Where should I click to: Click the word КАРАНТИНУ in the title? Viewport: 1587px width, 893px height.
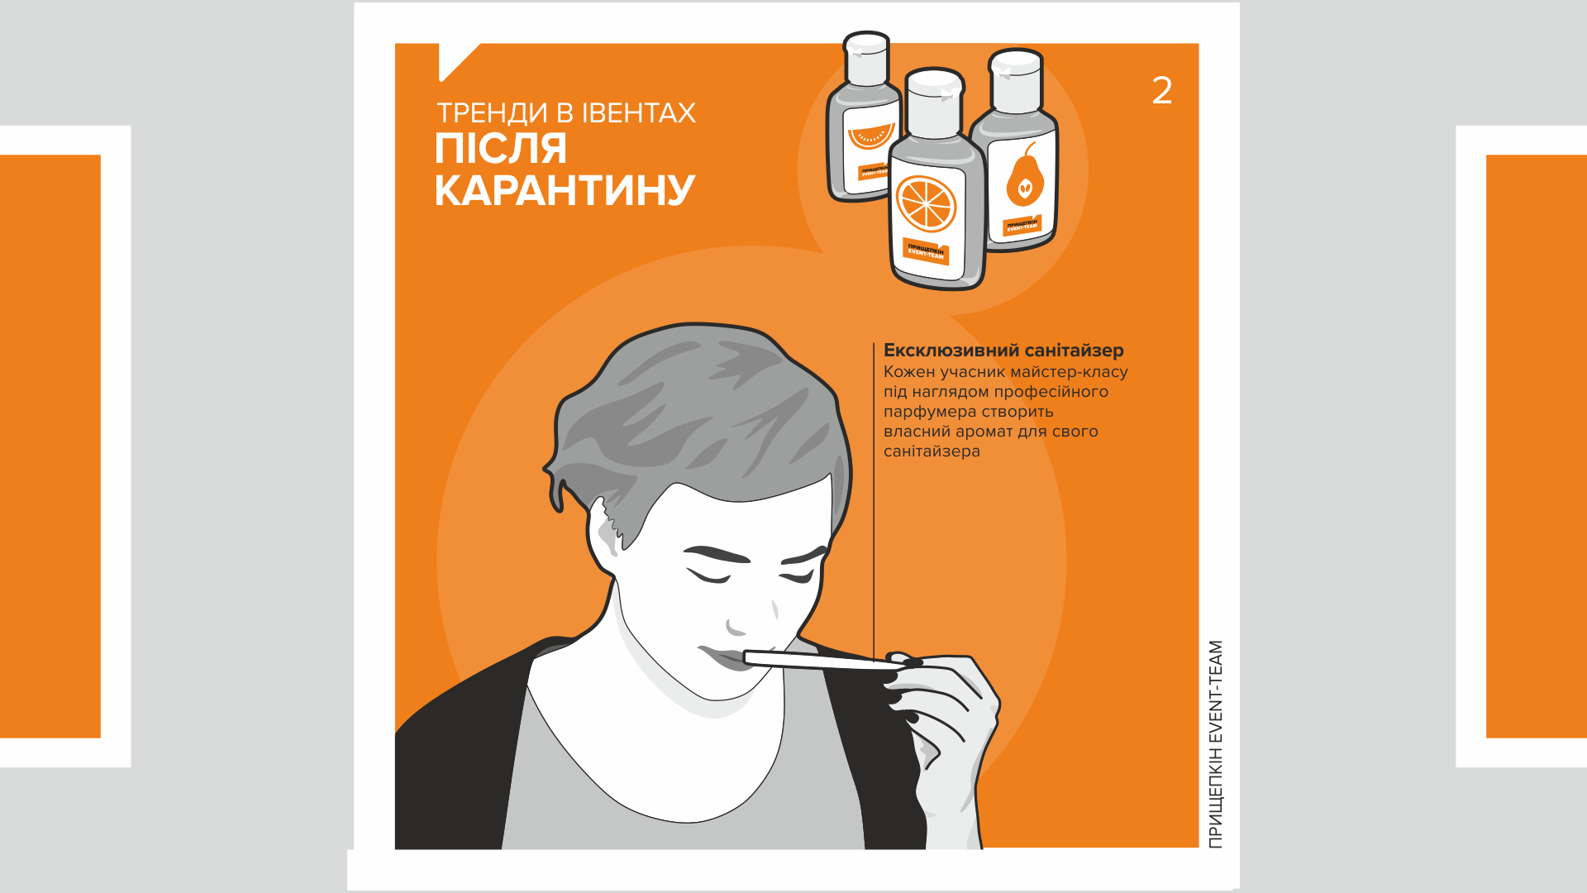tap(565, 190)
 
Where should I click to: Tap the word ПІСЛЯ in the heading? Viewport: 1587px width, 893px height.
tap(501, 150)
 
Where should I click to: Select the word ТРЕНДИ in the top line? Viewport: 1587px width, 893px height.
tap(492, 113)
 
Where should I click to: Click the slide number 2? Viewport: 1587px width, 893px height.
tap(1161, 90)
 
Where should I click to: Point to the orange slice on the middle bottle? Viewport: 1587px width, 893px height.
tap(927, 203)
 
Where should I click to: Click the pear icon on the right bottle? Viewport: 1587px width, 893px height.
tap(1024, 178)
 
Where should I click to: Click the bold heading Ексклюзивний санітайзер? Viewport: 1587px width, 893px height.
tap(1003, 350)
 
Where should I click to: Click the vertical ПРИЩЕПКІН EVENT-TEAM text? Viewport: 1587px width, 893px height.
tap(1214, 744)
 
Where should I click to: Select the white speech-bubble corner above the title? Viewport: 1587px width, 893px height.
tap(455, 60)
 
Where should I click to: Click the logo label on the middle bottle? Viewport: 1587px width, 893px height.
tap(926, 251)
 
